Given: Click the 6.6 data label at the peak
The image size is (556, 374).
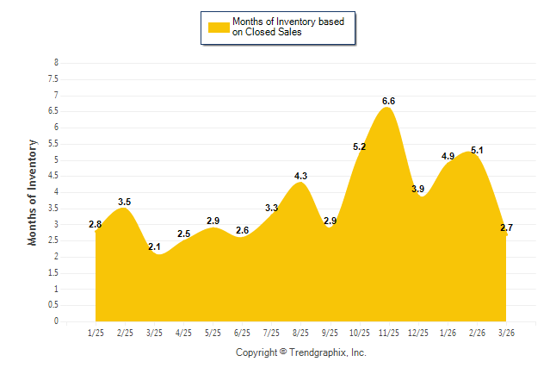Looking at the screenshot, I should coord(388,101).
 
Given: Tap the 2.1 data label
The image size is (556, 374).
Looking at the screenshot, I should coord(154,247).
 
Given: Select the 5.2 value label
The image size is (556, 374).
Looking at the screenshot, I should coord(359,147).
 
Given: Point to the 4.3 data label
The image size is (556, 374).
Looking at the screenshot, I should coord(300,176).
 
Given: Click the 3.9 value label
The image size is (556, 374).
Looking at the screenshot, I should coord(417,189).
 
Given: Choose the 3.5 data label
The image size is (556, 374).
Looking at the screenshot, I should coord(125,202).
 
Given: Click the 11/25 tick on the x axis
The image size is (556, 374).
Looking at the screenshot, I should coord(388,333).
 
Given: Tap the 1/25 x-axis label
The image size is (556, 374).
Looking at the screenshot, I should coord(96,333).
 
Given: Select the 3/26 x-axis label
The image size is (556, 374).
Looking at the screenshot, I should coord(505,333).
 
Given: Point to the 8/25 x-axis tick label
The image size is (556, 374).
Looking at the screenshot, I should coord(300,333).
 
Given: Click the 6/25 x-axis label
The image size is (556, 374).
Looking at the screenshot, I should coord(242,333).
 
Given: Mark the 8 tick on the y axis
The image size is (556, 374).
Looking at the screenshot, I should coord(56,63).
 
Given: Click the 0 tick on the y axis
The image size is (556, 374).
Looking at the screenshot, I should coord(56,321).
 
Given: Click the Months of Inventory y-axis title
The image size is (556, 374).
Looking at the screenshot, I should coord(33,192).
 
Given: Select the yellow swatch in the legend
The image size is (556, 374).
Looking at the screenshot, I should coord(218,27).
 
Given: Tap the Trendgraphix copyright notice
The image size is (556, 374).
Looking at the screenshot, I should coord(301,352).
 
